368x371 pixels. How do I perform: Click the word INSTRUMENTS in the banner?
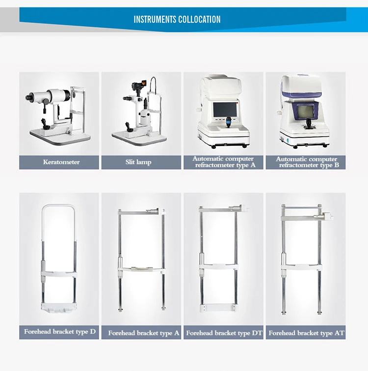point(155,19)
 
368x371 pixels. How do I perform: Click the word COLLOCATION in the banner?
point(199,19)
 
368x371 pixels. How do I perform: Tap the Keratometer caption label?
point(61,162)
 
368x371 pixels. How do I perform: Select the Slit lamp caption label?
point(138,162)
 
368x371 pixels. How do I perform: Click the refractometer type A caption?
point(223,162)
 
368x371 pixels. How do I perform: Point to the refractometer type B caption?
point(307,162)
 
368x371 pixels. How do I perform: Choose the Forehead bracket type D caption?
point(60,332)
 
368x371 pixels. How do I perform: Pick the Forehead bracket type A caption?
point(144,333)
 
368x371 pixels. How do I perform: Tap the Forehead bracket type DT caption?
point(224,333)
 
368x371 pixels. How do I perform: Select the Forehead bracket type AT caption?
point(306,333)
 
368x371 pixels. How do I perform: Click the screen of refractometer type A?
point(225,109)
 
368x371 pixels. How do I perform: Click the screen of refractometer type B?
point(305,111)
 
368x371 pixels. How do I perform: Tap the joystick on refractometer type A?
point(228,121)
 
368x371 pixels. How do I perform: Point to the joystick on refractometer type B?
point(309,123)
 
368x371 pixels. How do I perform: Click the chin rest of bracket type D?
point(59,308)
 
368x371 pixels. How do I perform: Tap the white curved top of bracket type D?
point(58,205)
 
